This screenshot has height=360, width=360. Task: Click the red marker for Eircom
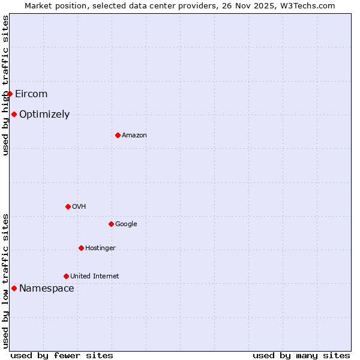pos(10,94)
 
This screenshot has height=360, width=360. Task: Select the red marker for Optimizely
pos(14,114)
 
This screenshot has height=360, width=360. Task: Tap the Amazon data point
pos(118,135)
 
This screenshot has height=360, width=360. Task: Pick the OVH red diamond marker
pos(68,206)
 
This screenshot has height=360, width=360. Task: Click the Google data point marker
pos(111,224)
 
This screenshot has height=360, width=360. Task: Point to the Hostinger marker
pos(81,248)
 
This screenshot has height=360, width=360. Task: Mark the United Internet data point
pos(66,276)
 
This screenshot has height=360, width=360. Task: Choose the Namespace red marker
pos(14,288)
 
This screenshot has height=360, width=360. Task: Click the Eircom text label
pos(31,94)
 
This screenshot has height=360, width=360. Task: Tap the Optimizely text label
pos(44,114)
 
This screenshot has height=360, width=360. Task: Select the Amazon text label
pos(134,135)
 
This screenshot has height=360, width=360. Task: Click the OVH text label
pos(79,206)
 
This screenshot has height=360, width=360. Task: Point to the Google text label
pos(126,224)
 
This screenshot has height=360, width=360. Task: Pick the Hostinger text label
pos(100,248)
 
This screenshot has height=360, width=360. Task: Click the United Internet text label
pos(95,276)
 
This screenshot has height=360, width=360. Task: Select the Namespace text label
pos(47,288)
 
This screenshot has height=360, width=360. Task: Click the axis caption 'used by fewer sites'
pos(62,355)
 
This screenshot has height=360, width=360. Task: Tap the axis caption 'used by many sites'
pos(301,355)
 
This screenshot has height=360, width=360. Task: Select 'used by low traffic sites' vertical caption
pos(5,280)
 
